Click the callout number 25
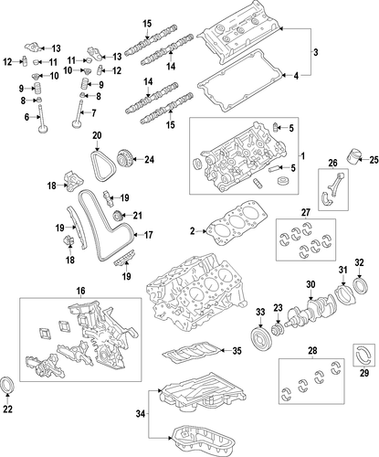point(374,160)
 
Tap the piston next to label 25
point(353,155)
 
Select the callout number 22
point(7,409)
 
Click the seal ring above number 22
point(7,386)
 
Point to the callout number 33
point(260,312)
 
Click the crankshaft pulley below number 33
point(259,339)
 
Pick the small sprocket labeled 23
point(278,330)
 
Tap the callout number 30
point(311,284)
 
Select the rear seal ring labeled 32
point(361,286)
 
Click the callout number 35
point(237,351)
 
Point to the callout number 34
point(141,414)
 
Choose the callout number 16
point(80,291)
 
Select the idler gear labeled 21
point(118,217)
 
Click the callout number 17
point(148,235)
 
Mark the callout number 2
point(192,231)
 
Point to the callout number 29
point(364,373)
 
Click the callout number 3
point(315,52)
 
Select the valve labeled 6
point(42,120)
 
